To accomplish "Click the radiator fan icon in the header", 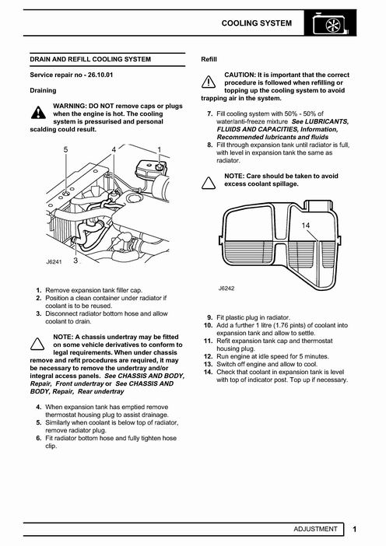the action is tap(330, 25).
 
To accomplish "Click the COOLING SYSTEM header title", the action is tap(256, 23).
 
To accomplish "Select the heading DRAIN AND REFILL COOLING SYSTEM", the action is tap(90, 59).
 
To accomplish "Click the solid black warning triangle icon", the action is tap(38, 113).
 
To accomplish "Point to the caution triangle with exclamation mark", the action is tap(209, 82).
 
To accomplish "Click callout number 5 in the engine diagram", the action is tap(66, 150).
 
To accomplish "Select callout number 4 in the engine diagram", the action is tap(114, 150).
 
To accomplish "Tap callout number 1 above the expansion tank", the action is tap(160, 150).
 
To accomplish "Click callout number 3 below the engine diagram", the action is tap(75, 261).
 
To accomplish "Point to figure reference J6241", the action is tap(54, 262).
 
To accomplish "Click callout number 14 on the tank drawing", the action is tap(306, 226).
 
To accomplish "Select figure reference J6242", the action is tap(226, 289).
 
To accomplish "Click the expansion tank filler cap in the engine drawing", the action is tap(160, 167).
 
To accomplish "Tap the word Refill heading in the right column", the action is tap(209, 59).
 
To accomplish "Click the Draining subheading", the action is tap(43, 90).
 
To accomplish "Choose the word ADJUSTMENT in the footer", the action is tap(315, 529).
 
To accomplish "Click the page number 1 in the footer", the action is tap(355, 530).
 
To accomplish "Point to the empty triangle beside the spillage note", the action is tap(209, 183).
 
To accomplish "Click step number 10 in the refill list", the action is tap(208, 325).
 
